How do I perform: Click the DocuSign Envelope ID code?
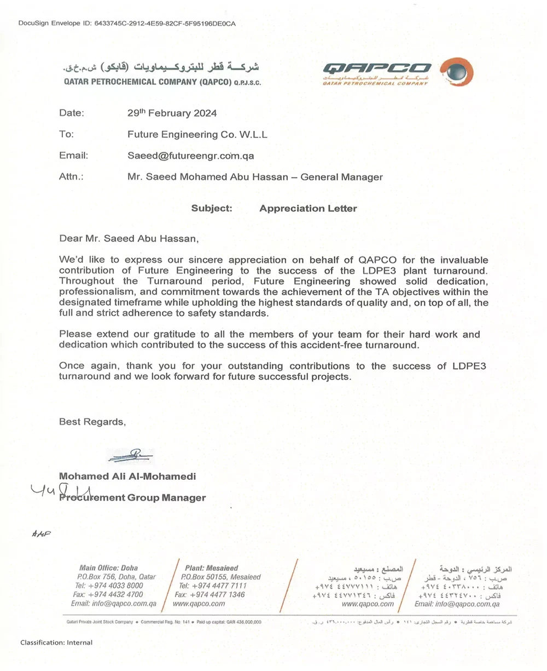pyautogui.click(x=165, y=24)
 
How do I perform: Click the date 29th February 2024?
pyautogui.click(x=172, y=113)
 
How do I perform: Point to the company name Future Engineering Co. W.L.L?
pyautogui.click(x=197, y=134)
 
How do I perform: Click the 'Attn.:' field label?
pyautogui.click(x=71, y=177)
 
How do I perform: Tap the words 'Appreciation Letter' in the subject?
pyautogui.click(x=308, y=208)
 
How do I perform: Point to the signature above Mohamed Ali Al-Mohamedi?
pyautogui.click(x=131, y=455)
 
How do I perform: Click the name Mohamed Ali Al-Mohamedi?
pyautogui.click(x=127, y=477)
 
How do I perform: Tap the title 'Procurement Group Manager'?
pyautogui.click(x=133, y=497)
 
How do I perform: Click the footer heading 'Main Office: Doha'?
pyautogui.click(x=108, y=568)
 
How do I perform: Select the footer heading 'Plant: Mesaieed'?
pyautogui.click(x=211, y=568)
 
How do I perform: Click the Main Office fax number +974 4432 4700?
pyautogui.click(x=108, y=594)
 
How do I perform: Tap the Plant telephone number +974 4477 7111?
pyautogui.click(x=212, y=586)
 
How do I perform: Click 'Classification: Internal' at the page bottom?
pyautogui.click(x=56, y=643)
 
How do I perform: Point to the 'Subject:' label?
pyautogui.click(x=212, y=208)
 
